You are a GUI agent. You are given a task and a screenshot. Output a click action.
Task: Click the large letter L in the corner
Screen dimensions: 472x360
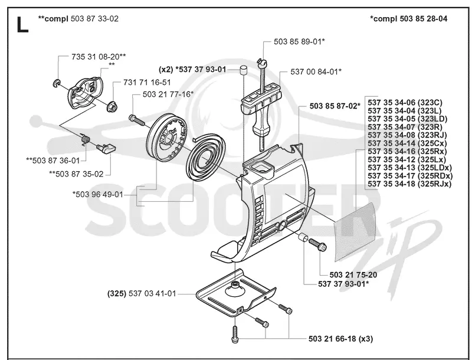tap(22, 25)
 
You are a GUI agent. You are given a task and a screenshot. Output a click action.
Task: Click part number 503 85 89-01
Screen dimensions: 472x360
tap(299, 41)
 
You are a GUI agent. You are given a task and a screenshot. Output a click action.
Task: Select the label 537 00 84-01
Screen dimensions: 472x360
tap(316, 71)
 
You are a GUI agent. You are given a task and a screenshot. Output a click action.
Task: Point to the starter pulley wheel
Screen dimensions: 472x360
tap(166, 138)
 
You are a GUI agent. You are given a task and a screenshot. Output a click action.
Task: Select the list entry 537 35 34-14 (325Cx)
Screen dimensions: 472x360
tap(407, 143)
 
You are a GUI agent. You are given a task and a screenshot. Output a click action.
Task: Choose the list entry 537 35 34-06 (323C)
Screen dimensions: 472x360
tap(405, 103)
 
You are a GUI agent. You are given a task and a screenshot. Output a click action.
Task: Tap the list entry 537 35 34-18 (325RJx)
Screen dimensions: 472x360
tap(409, 184)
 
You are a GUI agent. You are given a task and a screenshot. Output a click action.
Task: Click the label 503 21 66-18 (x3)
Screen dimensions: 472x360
tap(341, 339)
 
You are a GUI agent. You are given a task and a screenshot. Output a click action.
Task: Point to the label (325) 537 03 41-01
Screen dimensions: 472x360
tap(142, 293)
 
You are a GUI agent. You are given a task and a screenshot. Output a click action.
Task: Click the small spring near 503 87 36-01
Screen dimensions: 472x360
tap(86, 139)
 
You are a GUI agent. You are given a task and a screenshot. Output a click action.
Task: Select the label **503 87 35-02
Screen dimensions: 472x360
tap(77, 174)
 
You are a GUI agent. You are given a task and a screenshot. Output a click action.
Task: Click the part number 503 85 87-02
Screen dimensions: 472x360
tap(335, 106)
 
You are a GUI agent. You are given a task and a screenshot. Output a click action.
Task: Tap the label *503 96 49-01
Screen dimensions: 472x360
tap(98, 194)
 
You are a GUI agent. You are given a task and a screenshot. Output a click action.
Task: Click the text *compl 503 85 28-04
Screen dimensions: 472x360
tap(408, 19)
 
